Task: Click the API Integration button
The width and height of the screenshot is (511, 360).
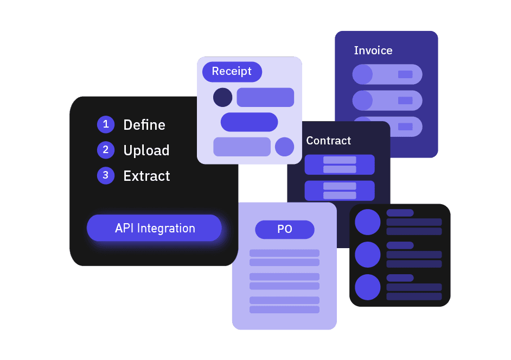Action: coord(155,228)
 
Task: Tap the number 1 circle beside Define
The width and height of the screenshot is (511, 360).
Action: coord(106,124)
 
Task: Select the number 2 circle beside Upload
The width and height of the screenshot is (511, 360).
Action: coord(106,150)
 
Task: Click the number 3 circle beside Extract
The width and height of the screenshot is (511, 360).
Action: coord(106,175)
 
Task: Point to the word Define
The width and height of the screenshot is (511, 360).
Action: coord(144,125)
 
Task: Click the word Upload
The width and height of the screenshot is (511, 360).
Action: coord(146,150)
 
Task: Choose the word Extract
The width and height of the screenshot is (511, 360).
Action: coord(146,176)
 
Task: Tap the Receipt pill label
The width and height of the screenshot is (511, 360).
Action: coord(232,72)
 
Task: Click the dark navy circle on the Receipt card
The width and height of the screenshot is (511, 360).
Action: coord(222,97)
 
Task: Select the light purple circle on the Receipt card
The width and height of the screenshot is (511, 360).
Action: coord(284,147)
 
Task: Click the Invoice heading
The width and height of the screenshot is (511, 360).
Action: coord(373,50)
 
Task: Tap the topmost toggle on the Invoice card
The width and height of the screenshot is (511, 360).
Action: coord(387,74)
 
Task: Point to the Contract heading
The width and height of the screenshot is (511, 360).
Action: coord(328,141)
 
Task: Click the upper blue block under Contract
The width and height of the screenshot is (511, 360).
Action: coord(340,165)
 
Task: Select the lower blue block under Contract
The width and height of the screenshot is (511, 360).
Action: coord(340,191)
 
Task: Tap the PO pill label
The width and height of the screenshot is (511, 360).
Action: coord(285,230)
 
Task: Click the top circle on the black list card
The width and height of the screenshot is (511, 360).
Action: coord(368,222)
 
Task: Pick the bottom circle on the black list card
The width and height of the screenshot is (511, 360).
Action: coord(368,287)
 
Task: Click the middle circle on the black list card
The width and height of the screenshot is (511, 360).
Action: coord(368,255)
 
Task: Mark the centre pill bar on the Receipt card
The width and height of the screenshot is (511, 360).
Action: coord(249,122)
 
